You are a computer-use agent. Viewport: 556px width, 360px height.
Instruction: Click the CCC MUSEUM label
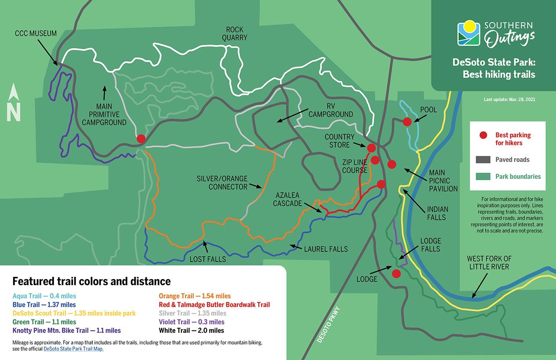click(x=36, y=33)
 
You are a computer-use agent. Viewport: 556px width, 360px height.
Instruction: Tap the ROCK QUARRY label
click(x=235, y=33)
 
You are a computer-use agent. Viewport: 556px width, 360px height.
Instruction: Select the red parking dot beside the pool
click(x=407, y=121)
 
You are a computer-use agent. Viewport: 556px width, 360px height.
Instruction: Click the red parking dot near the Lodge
click(x=396, y=274)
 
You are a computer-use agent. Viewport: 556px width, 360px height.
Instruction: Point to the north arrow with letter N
click(x=14, y=103)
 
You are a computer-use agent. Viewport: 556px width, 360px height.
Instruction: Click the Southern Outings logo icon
click(x=469, y=33)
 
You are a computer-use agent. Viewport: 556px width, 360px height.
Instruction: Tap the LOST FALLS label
click(x=207, y=259)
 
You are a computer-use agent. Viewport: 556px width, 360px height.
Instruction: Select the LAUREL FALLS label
click(x=326, y=249)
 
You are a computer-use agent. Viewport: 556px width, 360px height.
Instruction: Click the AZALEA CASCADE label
click(x=287, y=199)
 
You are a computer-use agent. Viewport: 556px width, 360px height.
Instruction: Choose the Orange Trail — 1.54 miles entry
click(x=195, y=296)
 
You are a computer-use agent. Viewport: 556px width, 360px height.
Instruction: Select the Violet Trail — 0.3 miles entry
click(x=191, y=322)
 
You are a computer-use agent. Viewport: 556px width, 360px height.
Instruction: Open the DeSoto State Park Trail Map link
click(x=73, y=349)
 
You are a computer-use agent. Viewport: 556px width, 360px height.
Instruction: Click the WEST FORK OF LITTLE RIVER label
click(x=489, y=262)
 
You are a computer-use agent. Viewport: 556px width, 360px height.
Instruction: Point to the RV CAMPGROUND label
click(x=330, y=110)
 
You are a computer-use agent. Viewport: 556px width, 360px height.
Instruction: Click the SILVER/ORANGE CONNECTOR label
click(x=222, y=182)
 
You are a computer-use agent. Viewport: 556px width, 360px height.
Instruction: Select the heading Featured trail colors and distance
click(x=91, y=281)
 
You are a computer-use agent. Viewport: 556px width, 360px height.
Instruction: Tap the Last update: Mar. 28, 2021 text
click(x=509, y=100)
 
